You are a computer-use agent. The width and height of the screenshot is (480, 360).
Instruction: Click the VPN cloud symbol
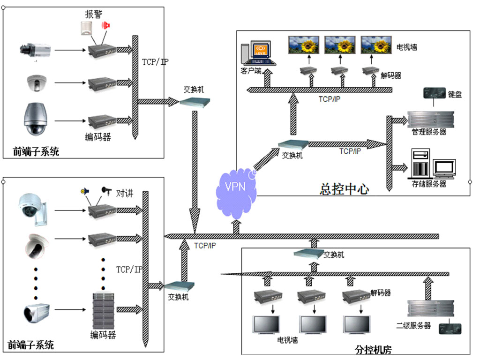236,188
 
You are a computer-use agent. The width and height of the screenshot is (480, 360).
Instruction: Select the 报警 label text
92,14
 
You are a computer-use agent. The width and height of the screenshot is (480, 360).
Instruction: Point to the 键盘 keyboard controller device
434,93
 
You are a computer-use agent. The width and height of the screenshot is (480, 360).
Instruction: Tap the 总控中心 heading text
345,189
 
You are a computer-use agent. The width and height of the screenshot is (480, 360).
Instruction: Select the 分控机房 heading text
374,349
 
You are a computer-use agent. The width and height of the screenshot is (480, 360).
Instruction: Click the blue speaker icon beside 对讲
84,191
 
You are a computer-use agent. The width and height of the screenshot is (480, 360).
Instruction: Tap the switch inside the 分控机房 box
308,254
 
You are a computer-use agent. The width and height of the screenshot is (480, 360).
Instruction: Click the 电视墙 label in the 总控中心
407,47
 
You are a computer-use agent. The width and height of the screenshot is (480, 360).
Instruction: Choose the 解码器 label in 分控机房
380,293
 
